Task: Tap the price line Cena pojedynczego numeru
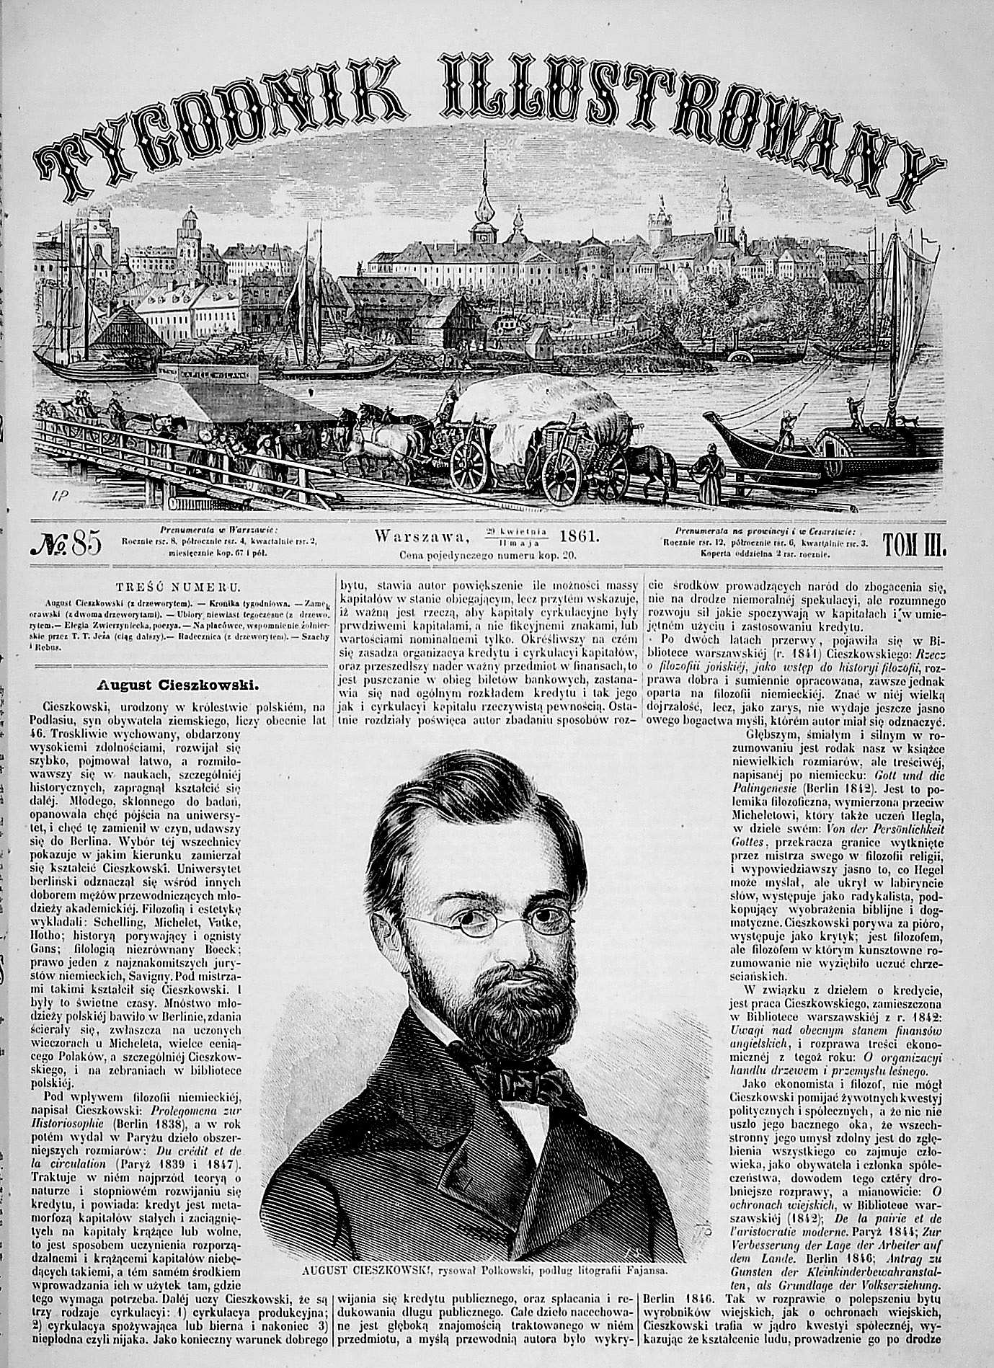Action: tap(490, 556)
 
